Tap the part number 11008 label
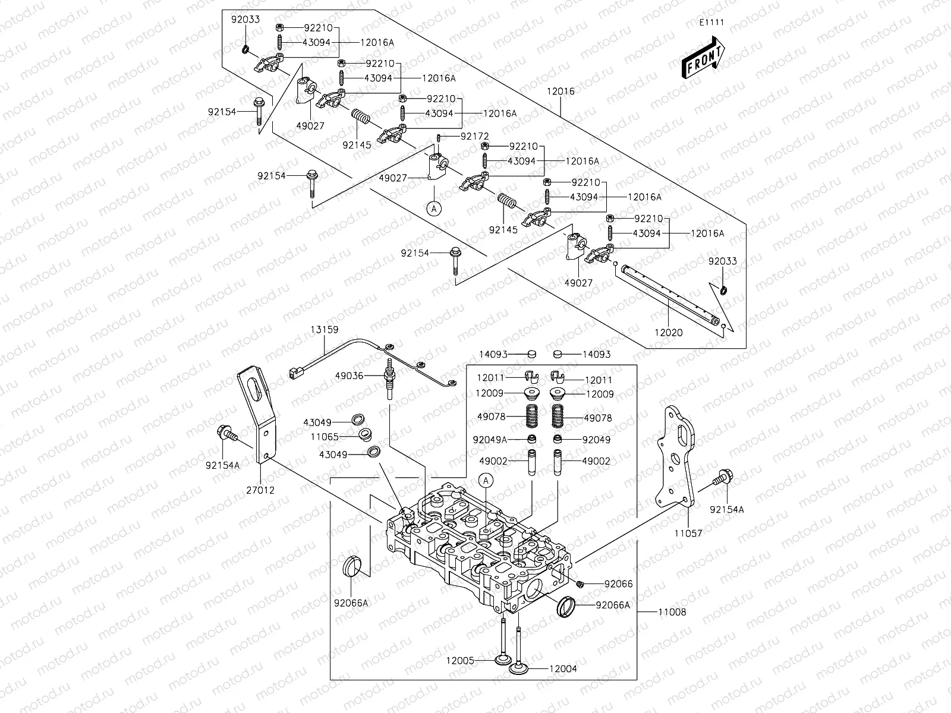click(672, 611)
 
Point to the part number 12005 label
click(461, 660)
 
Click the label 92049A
click(490, 440)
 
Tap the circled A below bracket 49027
click(434, 208)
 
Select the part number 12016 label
click(561, 92)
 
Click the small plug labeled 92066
click(581, 584)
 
